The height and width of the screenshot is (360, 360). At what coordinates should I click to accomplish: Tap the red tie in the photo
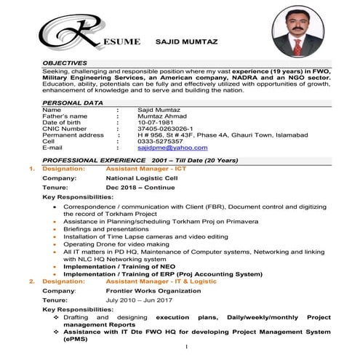[x=297, y=47]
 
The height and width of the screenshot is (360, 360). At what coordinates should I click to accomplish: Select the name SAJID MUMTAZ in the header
[x=186, y=43]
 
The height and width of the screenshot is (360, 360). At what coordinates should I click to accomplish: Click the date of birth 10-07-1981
[x=158, y=122]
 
